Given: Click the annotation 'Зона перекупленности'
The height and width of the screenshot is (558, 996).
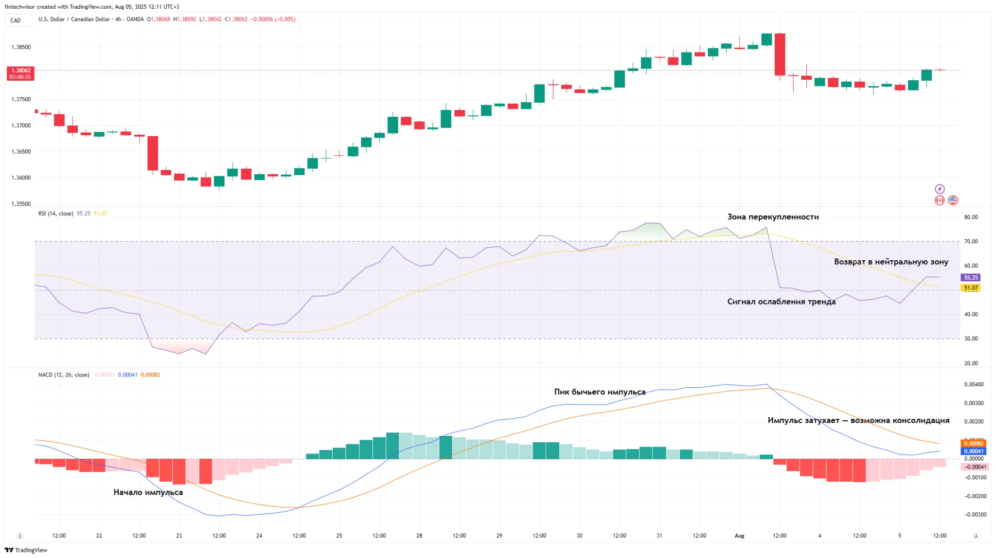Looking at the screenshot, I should [773, 217].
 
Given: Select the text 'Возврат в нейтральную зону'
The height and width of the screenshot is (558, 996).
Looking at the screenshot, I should [891, 262].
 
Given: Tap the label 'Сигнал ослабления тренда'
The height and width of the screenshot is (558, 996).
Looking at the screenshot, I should [781, 302].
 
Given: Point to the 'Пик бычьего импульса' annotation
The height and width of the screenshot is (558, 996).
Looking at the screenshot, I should [600, 392].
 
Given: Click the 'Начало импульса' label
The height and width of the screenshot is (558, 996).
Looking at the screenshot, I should [148, 492].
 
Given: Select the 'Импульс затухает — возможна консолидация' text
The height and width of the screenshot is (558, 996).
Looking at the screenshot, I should [858, 420].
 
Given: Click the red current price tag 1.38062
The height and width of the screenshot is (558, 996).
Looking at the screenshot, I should [20, 73].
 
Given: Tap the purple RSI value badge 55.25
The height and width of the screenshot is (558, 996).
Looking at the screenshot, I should [971, 277].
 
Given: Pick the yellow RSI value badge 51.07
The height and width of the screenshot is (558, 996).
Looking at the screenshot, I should [971, 288].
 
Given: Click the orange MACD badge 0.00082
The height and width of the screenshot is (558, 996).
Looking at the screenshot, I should [974, 443].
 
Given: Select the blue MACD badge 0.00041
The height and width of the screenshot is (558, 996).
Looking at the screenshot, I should [974, 451].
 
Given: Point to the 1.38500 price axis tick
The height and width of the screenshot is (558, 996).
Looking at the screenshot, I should [21, 47].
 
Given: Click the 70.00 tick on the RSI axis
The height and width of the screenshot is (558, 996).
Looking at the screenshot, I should [971, 241].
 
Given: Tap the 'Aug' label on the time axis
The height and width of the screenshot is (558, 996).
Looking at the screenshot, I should [739, 536].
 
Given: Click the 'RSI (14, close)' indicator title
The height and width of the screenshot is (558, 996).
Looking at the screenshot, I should [56, 214].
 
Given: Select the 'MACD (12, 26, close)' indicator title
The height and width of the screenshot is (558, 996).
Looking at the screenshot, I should [64, 375].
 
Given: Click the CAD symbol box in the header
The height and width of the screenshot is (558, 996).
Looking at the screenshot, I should [16, 20].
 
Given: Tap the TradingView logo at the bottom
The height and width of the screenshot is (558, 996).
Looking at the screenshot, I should [26, 550].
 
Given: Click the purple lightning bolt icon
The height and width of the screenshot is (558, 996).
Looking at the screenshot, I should [940, 189].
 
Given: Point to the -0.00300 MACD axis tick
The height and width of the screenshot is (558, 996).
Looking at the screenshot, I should [975, 514].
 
